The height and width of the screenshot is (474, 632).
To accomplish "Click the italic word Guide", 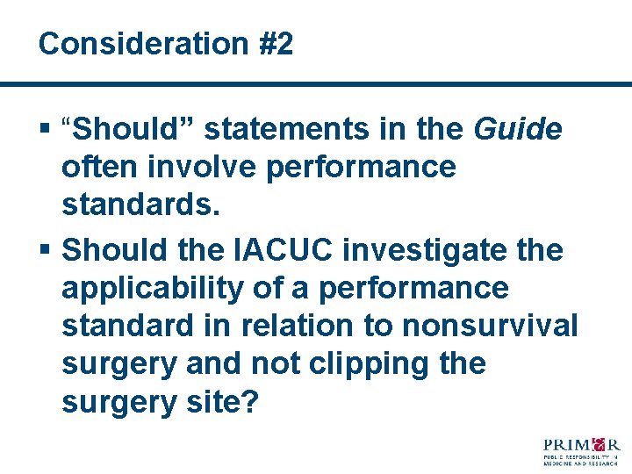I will click(x=517, y=130).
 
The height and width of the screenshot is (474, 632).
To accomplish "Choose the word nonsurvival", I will click(x=490, y=325).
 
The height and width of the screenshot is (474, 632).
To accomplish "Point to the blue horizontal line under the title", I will click(x=316, y=84).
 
